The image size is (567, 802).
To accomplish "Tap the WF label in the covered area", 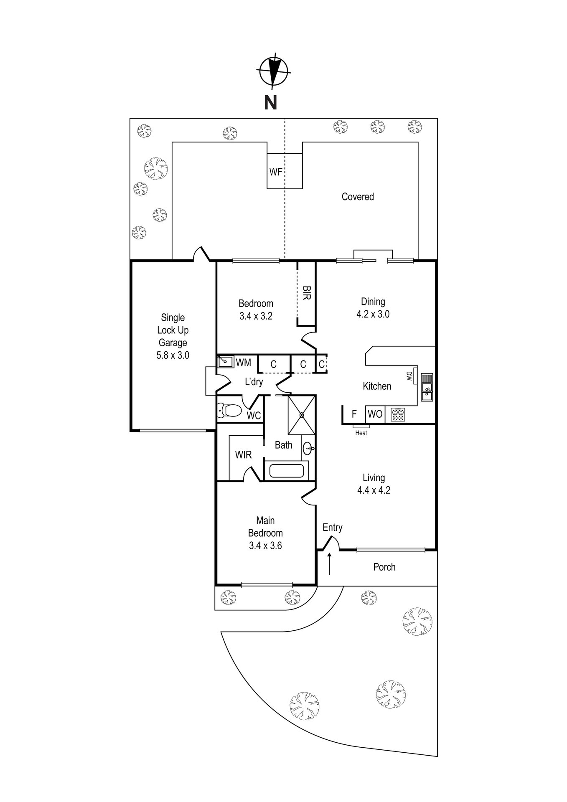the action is [x=275, y=172].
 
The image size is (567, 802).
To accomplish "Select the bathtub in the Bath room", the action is [x=286, y=470].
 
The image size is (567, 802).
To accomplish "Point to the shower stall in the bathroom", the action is [x=301, y=415].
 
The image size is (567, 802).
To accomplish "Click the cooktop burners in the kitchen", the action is [x=397, y=414].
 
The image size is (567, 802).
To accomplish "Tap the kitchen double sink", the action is [x=427, y=387].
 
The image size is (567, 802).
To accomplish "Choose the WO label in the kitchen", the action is [x=375, y=414].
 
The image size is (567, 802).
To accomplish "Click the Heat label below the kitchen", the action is [x=361, y=433].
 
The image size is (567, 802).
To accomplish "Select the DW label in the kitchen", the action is [x=409, y=376].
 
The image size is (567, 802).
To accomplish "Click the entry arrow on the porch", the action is [x=329, y=563].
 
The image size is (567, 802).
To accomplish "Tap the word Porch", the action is [x=384, y=567].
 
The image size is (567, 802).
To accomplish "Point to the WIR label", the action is [x=243, y=454].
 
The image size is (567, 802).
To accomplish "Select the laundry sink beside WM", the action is [x=225, y=361].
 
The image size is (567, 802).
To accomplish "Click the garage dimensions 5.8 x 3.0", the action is [x=173, y=355].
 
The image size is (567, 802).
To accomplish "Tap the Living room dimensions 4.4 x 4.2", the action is [x=374, y=490].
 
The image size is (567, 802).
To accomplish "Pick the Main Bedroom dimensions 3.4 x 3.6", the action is [x=265, y=545].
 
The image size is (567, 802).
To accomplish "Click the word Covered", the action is [x=358, y=197].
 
